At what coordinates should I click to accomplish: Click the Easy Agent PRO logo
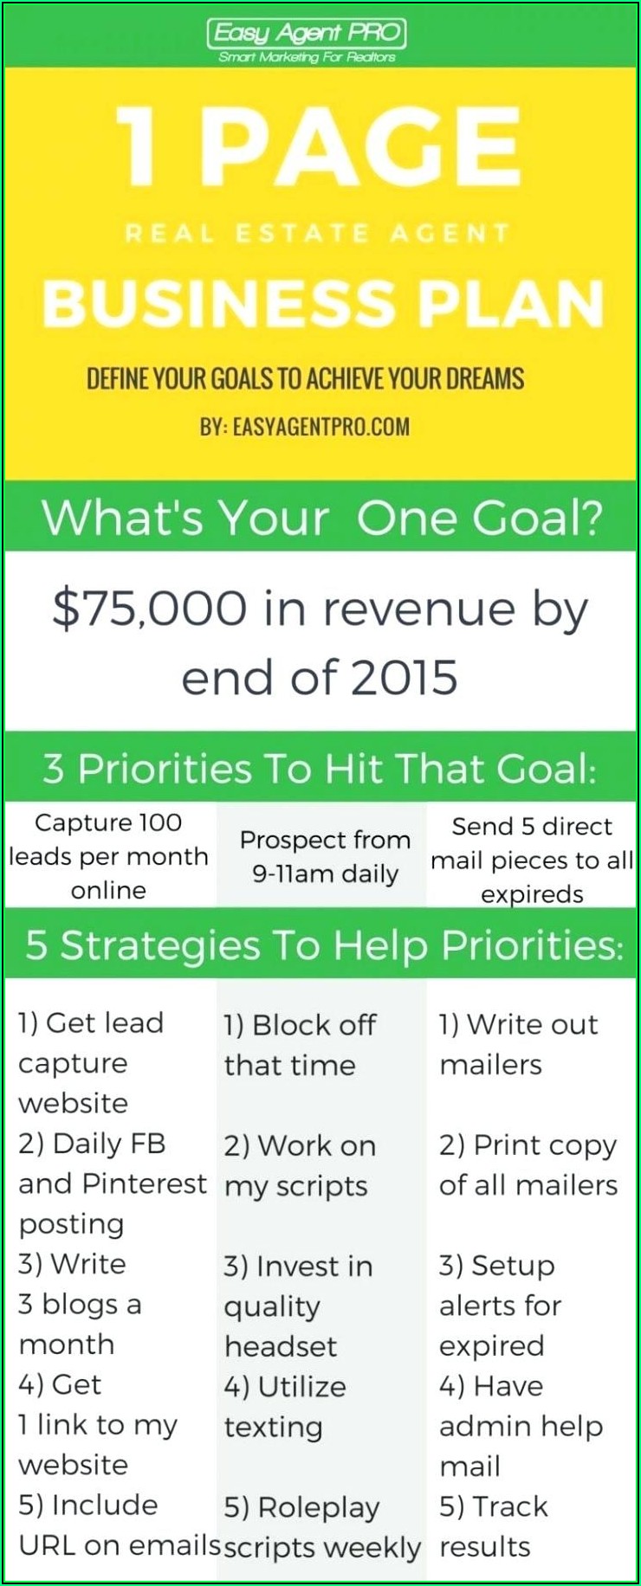pyautogui.click(x=307, y=34)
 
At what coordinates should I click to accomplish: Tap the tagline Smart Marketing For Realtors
pyautogui.click(x=307, y=57)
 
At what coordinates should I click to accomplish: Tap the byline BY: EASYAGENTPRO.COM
pyautogui.click(x=305, y=426)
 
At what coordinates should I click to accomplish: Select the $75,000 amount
pyautogui.click(x=149, y=608)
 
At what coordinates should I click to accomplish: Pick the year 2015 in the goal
pyautogui.click(x=405, y=677)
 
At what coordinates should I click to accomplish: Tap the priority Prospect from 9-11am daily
pyautogui.click(x=325, y=856)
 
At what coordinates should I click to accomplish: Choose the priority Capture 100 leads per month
pyautogui.click(x=108, y=856)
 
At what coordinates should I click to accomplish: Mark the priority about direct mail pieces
pyautogui.click(x=532, y=860)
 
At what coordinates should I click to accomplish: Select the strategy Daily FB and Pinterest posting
pyautogui.click(x=113, y=1183)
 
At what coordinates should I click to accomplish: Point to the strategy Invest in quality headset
pyautogui.click(x=298, y=1306)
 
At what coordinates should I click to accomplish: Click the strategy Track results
pyautogui.click(x=494, y=1526)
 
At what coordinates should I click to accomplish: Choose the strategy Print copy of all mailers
pyautogui.click(x=528, y=1164)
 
